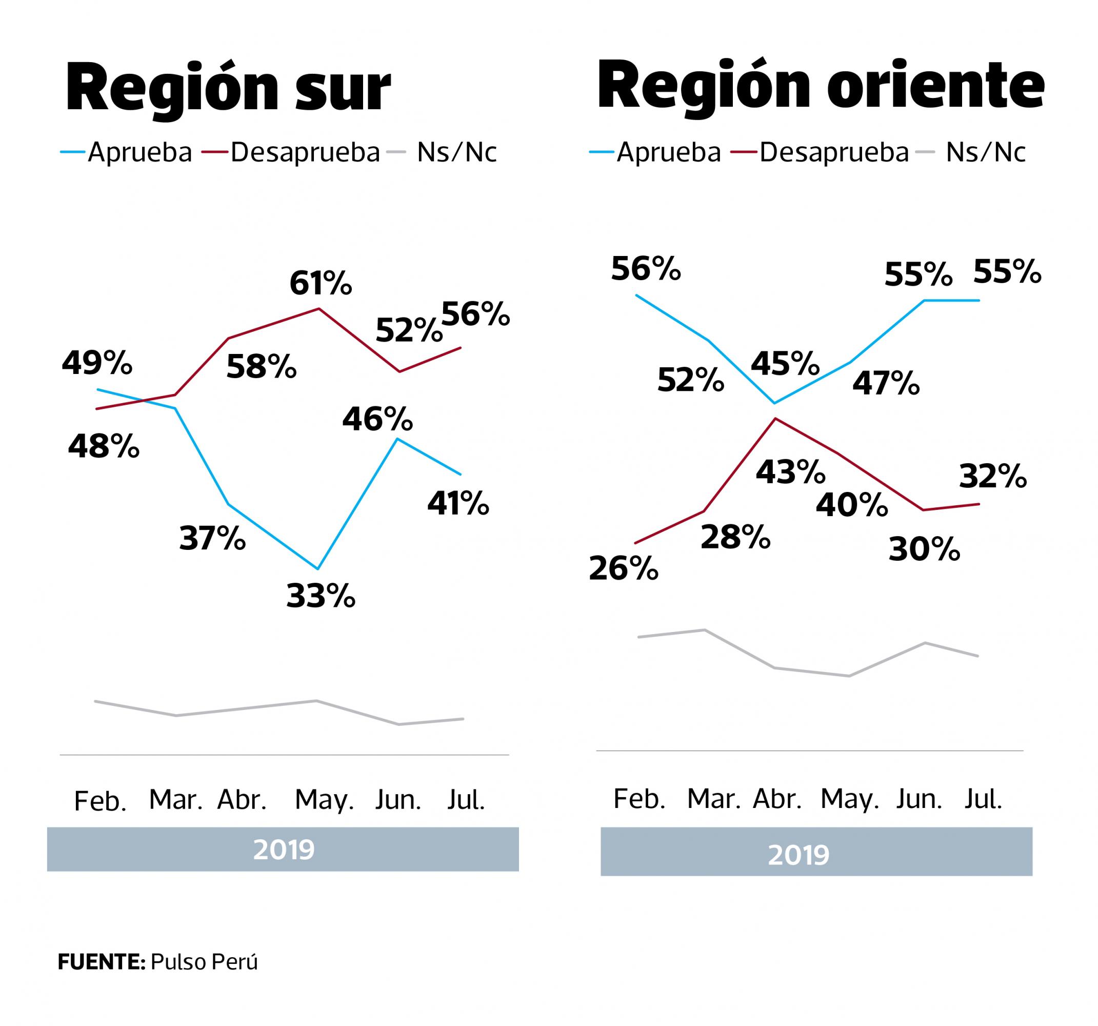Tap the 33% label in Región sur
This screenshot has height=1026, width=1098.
[x=321, y=596]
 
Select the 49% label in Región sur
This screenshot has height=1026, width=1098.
[x=97, y=363]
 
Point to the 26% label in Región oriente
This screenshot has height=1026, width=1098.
[x=624, y=568]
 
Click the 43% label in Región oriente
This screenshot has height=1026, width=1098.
[x=790, y=472]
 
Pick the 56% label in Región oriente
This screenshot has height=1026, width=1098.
[x=646, y=269]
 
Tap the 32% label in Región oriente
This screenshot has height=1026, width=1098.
[x=992, y=476]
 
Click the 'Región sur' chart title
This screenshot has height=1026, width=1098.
[x=228, y=88]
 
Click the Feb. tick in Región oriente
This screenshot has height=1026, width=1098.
[x=640, y=799]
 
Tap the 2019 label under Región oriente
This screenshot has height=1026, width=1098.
[x=798, y=855]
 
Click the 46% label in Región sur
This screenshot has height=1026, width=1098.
[x=377, y=419]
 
